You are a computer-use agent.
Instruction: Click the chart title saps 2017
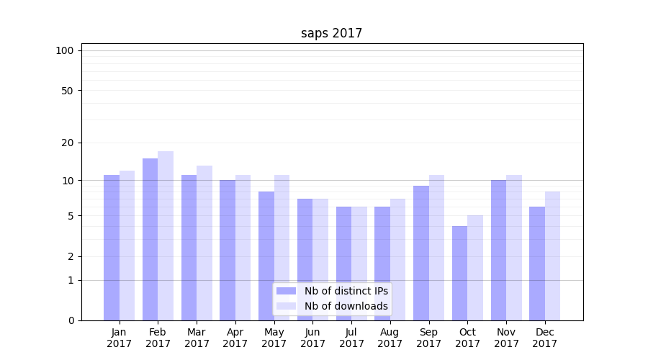331,34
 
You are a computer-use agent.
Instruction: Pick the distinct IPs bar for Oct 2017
459,273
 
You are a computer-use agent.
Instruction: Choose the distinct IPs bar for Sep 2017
421,253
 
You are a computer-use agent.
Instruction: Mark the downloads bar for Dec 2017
552,256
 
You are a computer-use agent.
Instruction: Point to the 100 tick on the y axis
65,50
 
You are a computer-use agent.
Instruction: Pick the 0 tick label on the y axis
71,320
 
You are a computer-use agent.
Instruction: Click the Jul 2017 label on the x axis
351,338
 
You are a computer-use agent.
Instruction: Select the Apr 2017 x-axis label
235,338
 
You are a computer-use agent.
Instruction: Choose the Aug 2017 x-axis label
390,338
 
